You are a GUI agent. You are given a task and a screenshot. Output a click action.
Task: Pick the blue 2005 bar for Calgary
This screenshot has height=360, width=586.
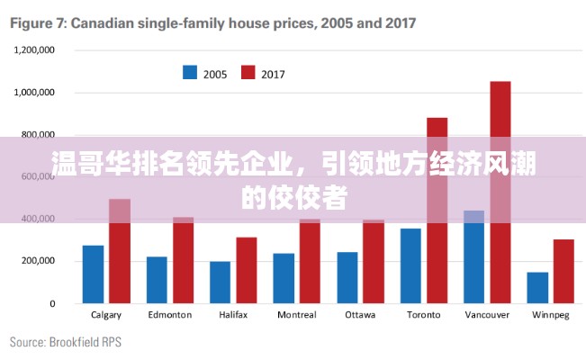(93, 274)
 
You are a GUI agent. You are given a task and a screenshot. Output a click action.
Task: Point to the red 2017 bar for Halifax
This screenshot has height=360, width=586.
(247, 270)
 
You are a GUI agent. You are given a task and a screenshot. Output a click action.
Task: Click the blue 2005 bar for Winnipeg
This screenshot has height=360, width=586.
(537, 288)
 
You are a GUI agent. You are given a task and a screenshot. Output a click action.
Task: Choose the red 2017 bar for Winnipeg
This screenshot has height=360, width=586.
(563, 271)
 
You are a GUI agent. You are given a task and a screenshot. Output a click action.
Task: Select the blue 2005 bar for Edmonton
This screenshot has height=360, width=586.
(157, 280)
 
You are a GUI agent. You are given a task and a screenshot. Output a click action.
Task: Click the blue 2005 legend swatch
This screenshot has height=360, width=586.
(190, 72)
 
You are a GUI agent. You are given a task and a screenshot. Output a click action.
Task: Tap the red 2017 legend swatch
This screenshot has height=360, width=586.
(248, 72)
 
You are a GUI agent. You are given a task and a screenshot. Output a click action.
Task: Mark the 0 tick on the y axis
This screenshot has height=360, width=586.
(52, 303)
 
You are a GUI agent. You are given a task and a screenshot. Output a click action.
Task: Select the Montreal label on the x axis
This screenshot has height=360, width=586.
(296, 315)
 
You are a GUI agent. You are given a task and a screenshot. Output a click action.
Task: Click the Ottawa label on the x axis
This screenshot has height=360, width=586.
(360, 315)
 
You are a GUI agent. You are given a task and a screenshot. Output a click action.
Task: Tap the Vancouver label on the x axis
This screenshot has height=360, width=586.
(487, 315)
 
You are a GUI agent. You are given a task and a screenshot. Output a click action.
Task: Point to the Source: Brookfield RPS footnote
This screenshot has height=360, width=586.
(65, 342)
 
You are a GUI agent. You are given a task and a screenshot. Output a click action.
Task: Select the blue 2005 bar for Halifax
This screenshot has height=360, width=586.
(220, 283)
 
